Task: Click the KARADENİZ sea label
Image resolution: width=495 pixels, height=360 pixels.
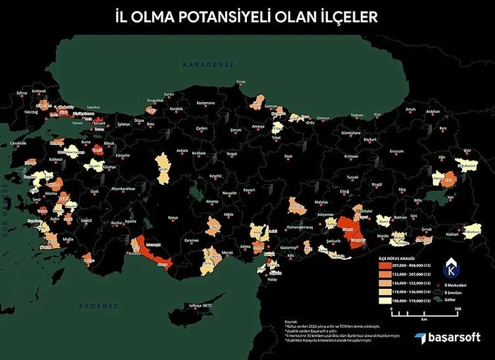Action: [201, 64]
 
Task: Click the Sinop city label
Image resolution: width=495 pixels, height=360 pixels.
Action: [241, 82]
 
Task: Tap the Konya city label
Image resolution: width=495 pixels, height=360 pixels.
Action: [173, 217]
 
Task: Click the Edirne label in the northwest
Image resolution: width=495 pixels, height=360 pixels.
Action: [22, 93]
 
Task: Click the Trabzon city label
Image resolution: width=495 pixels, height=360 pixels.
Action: [357, 115]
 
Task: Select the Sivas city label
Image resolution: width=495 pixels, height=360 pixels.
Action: [288, 157]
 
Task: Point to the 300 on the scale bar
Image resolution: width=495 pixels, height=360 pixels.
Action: [456, 308]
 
